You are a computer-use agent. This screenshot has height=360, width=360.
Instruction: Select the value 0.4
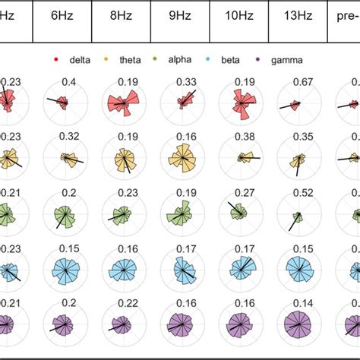click(x=66, y=82)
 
